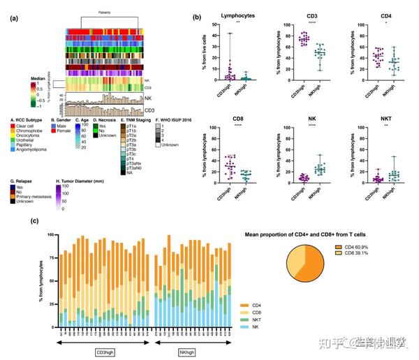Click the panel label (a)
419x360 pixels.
(x=14, y=19)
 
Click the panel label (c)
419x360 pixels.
(x=14, y=221)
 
